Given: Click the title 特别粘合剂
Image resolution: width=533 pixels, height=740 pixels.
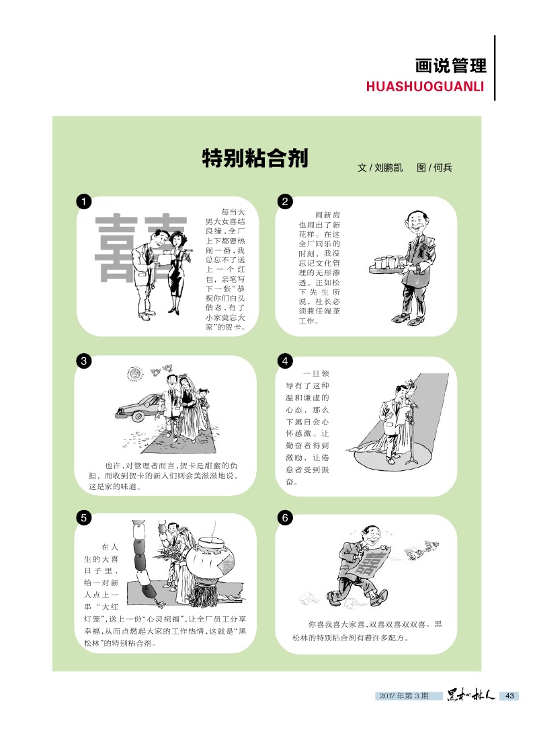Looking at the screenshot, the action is (255, 158).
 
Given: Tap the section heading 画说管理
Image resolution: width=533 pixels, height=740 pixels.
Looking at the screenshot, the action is (451, 66).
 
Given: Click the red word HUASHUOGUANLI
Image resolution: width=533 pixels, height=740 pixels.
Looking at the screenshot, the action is (425, 86).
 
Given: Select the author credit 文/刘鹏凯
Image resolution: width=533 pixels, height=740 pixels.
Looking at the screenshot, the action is (380, 168).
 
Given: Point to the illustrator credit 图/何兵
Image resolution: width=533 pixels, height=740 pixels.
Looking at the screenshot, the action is (434, 168).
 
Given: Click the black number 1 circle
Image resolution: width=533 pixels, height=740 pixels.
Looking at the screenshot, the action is (83, 202).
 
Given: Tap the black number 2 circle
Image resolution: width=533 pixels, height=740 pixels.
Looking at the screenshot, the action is (284, 202).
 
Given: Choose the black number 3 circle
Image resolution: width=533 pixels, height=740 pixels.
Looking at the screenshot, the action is (83, 361).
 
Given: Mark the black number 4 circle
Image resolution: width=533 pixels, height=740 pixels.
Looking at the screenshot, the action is (284, 361).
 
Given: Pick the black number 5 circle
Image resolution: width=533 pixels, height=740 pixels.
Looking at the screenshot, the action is (83, 518).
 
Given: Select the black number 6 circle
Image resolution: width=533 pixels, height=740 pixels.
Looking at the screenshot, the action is (284, 518).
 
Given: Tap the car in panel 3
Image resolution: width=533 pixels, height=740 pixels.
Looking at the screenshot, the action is (138, 408).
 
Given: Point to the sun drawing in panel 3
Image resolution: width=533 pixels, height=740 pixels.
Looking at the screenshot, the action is (134, 374).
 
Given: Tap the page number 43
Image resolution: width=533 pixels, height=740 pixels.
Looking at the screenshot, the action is (509, 696).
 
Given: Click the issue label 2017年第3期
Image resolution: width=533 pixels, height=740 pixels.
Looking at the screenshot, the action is (404, 696).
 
